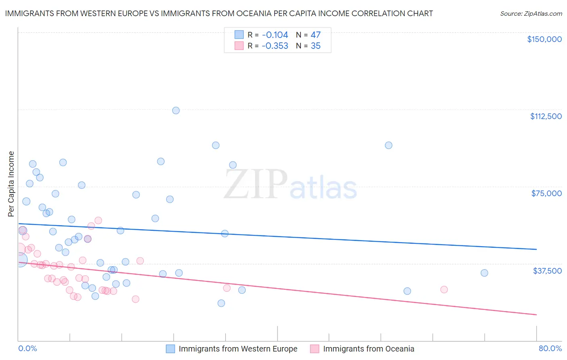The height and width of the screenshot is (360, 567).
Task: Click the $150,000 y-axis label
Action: pyautogui.click(x=544, y=39)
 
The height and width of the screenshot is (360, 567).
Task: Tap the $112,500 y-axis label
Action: pyautogui.click(x=546, y=116)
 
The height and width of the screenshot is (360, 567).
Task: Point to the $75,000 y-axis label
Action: pyautogui.click(x=546, y=193)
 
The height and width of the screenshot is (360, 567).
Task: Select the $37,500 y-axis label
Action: pyautogui.click(x=547, y=271)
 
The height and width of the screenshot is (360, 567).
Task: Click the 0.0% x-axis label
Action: pyautogui.click(x=27, y=348)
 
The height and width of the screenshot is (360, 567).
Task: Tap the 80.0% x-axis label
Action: pyautogui.click(x=550, y=348)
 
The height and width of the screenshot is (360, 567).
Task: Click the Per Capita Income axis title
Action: pyautogui.click(x=11, y=184)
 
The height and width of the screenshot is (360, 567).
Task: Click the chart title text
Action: pyautogui.click(x=219, y=13)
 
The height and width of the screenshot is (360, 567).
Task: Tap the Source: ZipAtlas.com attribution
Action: pyautogui.click(x=531, y=14)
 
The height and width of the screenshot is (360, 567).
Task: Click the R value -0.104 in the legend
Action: pyautogui.click(x=275, y=35)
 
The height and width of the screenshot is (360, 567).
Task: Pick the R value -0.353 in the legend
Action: pyautogui.click(x=275, y=46)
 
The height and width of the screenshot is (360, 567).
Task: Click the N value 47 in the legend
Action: pyautogui.click(x=315, y=35)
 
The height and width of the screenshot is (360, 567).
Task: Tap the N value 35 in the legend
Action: pyautogui.click(x=315, y=46)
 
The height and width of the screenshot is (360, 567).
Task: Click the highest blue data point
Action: pyautogui.click(x=176, y=111)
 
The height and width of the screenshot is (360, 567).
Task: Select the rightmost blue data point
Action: pyautogui.click(x=484, y=273)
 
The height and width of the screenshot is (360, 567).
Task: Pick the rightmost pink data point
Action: pyautogui.click(x=444, y=289)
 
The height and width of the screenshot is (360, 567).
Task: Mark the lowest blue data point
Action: pyautogui.click(x=221, y=303)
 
